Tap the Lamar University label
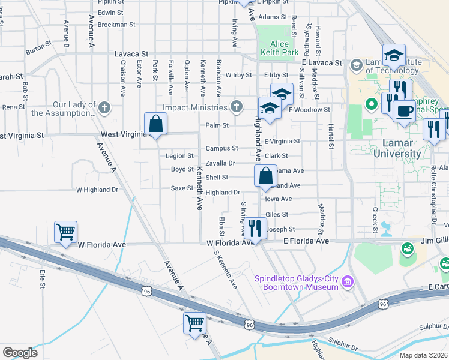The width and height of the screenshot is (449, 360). point(398,149)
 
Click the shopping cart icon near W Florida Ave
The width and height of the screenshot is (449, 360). point(65,231)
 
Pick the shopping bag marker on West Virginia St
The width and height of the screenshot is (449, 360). point(155,124)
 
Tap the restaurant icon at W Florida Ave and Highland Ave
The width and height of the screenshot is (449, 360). point(256,227)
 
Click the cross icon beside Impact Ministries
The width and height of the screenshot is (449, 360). point(237,107)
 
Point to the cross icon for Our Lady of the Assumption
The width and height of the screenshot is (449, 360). point(104,108)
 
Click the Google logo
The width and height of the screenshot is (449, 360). point(20,353)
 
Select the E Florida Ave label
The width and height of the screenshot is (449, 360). point(306,241)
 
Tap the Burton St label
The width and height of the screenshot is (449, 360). point(35,46)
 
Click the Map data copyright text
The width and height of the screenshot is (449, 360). point(423,355)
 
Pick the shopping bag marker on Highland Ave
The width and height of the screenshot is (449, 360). point(265,176)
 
